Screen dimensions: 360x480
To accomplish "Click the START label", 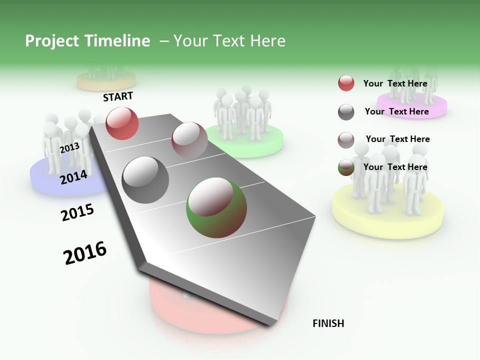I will (x=118, y=96).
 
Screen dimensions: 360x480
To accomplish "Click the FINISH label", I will (x=328, y=323).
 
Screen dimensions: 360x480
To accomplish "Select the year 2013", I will (x=69, y=147).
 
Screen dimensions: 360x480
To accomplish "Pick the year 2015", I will (x=77, y=212).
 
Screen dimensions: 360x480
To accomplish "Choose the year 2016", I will (x=85, y=253).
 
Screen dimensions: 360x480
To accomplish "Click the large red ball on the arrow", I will (x=122, y=123).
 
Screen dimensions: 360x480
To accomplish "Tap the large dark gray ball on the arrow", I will (x=145, y=180).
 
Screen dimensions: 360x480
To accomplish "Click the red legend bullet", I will (x=346, y=83).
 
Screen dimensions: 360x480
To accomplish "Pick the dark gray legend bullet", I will (x=346, y=112).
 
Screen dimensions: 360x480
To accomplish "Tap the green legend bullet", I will (x=346, y=168).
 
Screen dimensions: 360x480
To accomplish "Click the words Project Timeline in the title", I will (x=87, y=41).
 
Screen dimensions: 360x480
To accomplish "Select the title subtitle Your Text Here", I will (x=229, y=41).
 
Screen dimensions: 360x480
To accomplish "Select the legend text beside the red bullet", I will (x=395, y=83).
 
